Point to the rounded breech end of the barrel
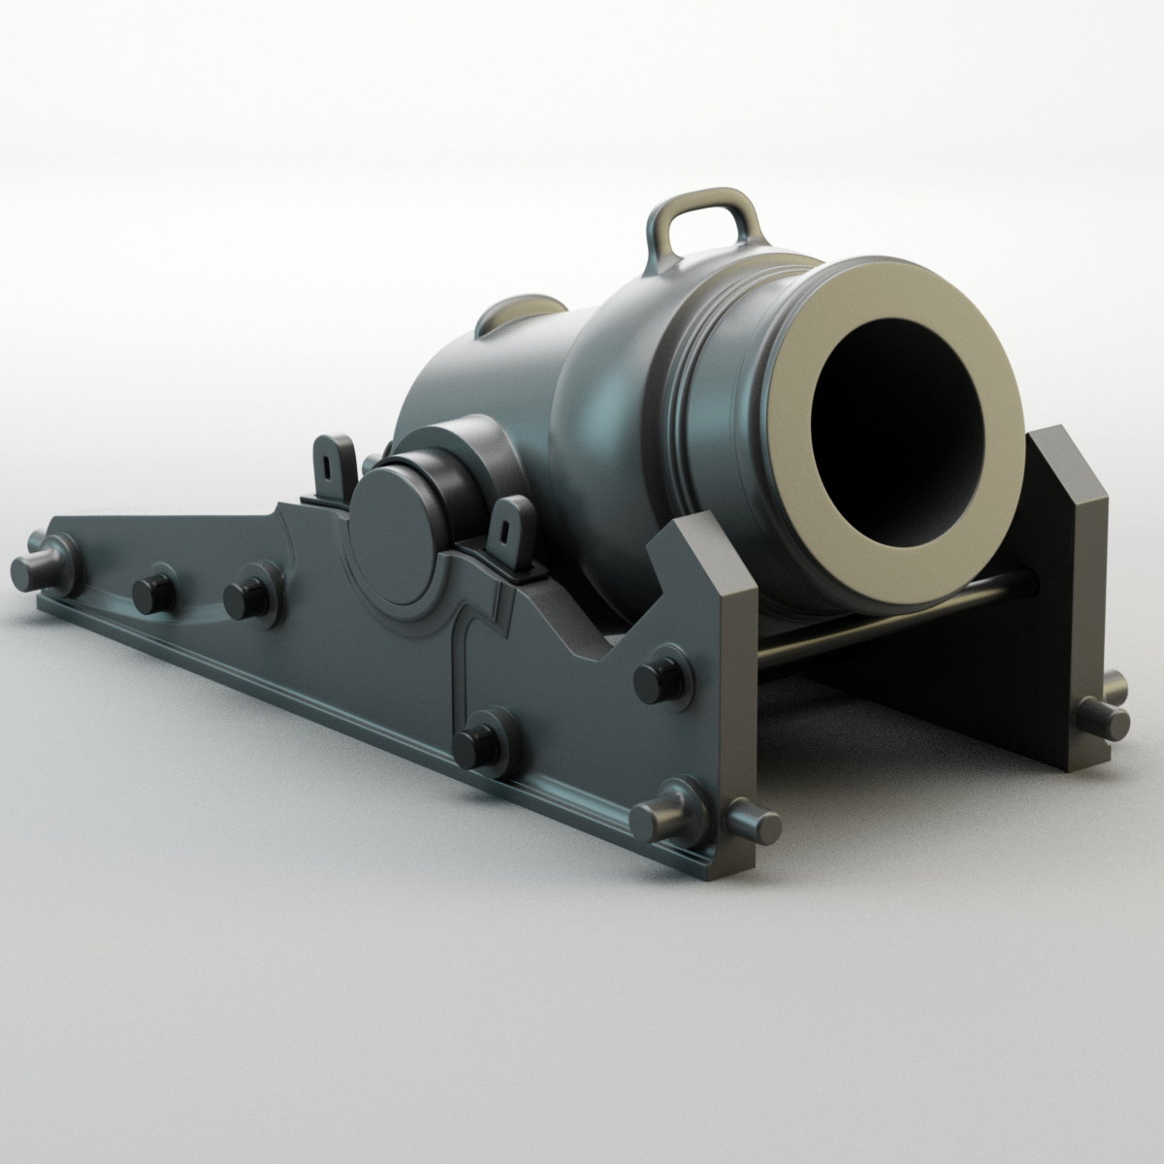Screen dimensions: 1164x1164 [x=456, y=378]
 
